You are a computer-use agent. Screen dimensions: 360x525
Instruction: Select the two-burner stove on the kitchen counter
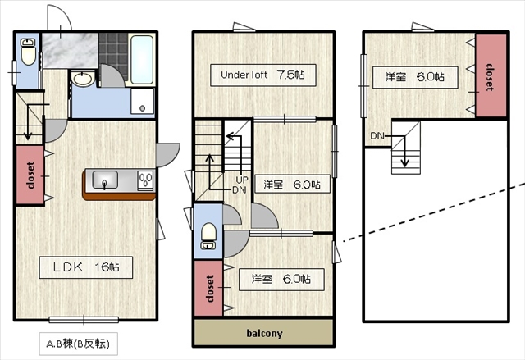tap(144, 180)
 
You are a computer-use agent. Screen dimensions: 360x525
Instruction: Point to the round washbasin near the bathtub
tap(83, 80)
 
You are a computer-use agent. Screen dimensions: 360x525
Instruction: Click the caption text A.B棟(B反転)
tap(80, 343)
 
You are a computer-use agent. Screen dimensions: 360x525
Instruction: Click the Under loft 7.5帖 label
tap(262, 75)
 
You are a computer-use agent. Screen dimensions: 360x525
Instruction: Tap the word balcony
tap(263, 333)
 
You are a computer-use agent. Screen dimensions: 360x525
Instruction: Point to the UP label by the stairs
tap(242, 180)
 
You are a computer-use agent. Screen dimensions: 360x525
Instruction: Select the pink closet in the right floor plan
tap(490, 76)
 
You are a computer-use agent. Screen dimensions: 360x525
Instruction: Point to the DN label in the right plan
tap(377, 135)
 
